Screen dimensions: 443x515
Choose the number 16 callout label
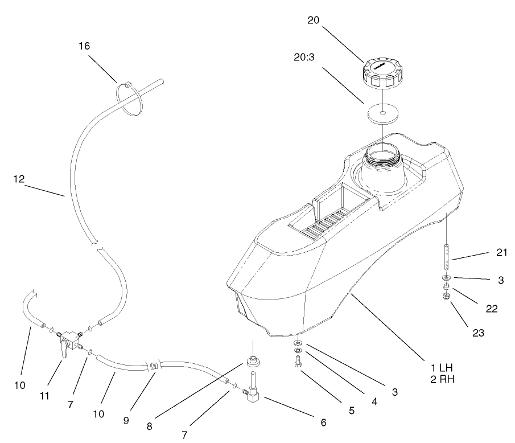(84, 46)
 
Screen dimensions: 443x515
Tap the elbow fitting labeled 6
(251, 395)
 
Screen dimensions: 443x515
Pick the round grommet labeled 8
(252, 362)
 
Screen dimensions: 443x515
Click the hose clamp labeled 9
(154, 366)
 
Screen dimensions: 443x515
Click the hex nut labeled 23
(445, 296)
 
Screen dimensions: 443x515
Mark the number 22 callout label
(491, 309)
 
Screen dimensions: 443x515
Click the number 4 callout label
(374, 401)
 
